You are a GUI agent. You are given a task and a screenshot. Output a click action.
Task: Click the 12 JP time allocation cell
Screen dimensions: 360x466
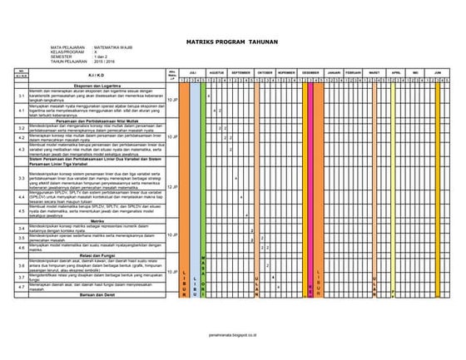point(171,187)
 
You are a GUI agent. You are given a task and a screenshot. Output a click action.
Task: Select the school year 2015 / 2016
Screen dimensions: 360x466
point(103,62)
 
